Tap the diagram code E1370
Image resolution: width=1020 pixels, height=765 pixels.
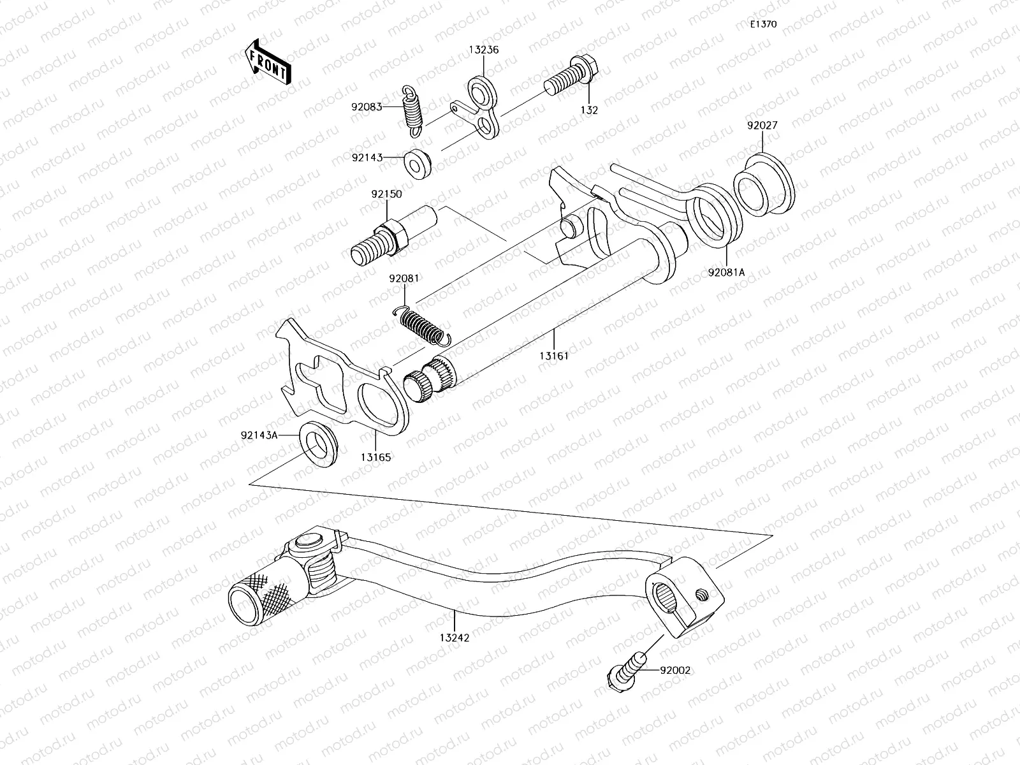click(x=763, y=24)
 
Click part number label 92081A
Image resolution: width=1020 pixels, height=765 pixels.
click(x=726, y=272)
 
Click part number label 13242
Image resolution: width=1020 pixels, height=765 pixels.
click(x=453, y=637)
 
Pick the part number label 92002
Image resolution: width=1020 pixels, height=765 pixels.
click(x=675, y=670)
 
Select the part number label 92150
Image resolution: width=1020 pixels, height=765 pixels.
click(x=386, y=194)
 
